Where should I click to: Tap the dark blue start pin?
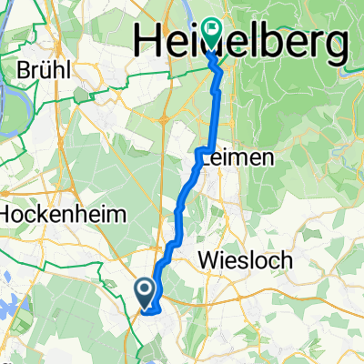(x=146, y=291)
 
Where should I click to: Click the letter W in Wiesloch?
(x=207, y=261)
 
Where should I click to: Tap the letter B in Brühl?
(x=25, y=69)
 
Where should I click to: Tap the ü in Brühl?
(x=45, y=69)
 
